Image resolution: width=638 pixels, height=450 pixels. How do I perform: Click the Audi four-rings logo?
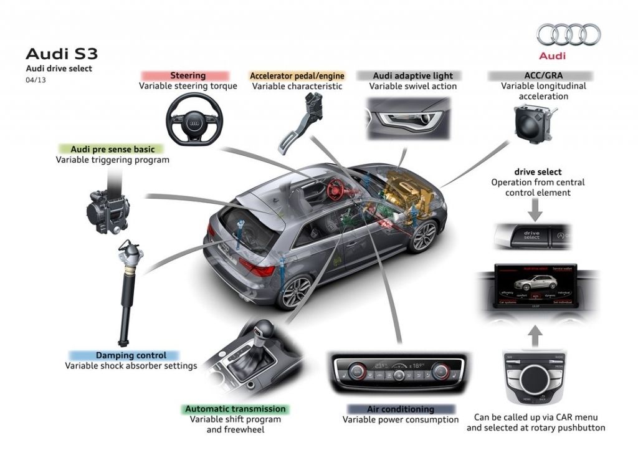point(568,35)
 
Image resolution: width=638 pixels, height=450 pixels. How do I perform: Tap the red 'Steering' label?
point(188,75)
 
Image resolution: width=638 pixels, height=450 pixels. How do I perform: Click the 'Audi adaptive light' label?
point(412,75)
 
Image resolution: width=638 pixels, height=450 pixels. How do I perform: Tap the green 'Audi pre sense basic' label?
point(108,149)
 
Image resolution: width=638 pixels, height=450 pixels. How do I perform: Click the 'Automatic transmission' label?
point(235,409)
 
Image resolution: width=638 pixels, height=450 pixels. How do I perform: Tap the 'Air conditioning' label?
point(401,409)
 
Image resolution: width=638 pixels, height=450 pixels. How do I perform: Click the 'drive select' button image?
point(531,235)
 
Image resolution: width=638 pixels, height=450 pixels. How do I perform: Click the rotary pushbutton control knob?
point(535,376)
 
